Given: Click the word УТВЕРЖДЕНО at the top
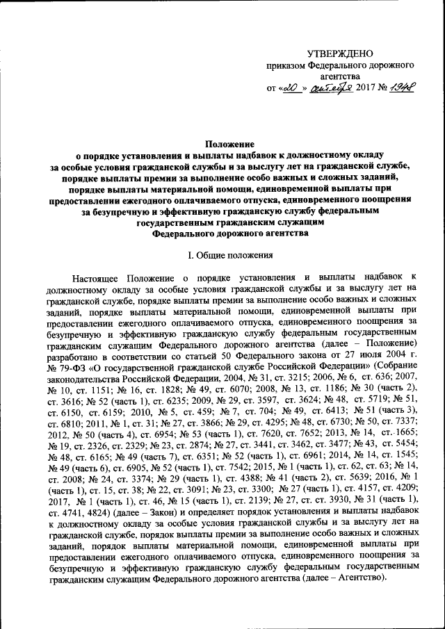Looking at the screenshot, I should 340,54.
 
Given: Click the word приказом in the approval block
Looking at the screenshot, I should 288,65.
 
